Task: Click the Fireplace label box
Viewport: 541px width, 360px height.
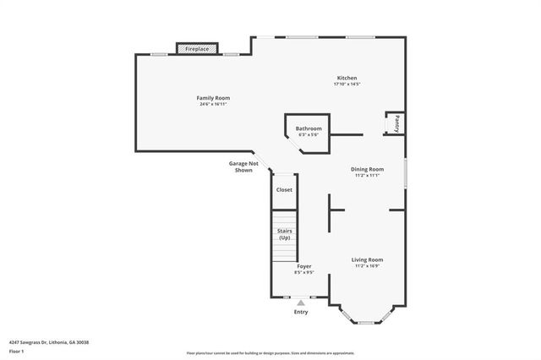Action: tap(199, 50)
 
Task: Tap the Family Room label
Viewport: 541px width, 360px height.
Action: tap(215, 98)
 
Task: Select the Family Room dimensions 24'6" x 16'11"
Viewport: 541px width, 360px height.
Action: tap(215, 105)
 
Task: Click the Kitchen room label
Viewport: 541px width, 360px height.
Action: tap(347, 78)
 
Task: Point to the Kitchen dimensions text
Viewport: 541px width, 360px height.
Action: tap(347, 85)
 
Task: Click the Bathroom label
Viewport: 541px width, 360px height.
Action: tap(309, 128)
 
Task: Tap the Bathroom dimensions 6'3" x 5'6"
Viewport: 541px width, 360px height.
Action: tap(309, 135)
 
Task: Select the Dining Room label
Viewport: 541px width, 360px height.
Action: tap(368, 169)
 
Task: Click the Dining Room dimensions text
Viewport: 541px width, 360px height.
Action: tap(368, 176)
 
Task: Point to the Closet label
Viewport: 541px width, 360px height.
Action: tap(284, 189)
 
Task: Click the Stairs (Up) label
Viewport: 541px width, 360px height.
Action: tap(284, 234)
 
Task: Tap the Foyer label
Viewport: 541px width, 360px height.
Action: tap(303, 266)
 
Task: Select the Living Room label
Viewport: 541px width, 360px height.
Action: tap(368, 259)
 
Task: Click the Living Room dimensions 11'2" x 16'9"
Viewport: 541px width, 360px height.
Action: tap(368, 266)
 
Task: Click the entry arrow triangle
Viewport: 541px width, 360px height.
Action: tap(300, 303)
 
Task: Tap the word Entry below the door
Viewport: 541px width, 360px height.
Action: tap(301, 312)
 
